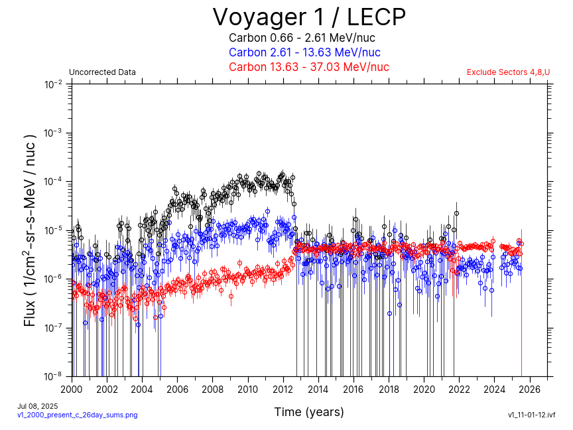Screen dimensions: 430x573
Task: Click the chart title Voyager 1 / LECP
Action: (308, 16)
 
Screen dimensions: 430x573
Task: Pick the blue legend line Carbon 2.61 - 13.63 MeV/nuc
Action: (304, 52)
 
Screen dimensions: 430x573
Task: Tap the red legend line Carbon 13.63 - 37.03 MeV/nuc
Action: (308, 67)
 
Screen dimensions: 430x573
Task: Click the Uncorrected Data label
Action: (102, 72)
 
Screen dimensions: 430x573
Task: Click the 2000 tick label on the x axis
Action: (72, 389)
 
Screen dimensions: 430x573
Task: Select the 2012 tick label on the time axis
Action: (283, 389)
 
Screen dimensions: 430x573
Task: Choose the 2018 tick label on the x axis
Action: (389, 389)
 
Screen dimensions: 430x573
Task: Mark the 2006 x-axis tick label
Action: (177, 389)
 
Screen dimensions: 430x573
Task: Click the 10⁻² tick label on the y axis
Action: (54, 84)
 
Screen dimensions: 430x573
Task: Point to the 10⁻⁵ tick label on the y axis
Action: (54, 230)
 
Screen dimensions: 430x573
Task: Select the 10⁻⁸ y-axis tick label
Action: (54, 376)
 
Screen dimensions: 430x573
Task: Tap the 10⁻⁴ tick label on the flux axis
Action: (54, 182)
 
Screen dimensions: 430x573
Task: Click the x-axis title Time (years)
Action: (309, 412)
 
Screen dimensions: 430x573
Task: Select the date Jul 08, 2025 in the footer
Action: (37, 405)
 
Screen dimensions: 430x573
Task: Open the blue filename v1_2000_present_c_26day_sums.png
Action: (77, 415)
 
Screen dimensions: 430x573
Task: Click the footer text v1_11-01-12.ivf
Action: (531, 415)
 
